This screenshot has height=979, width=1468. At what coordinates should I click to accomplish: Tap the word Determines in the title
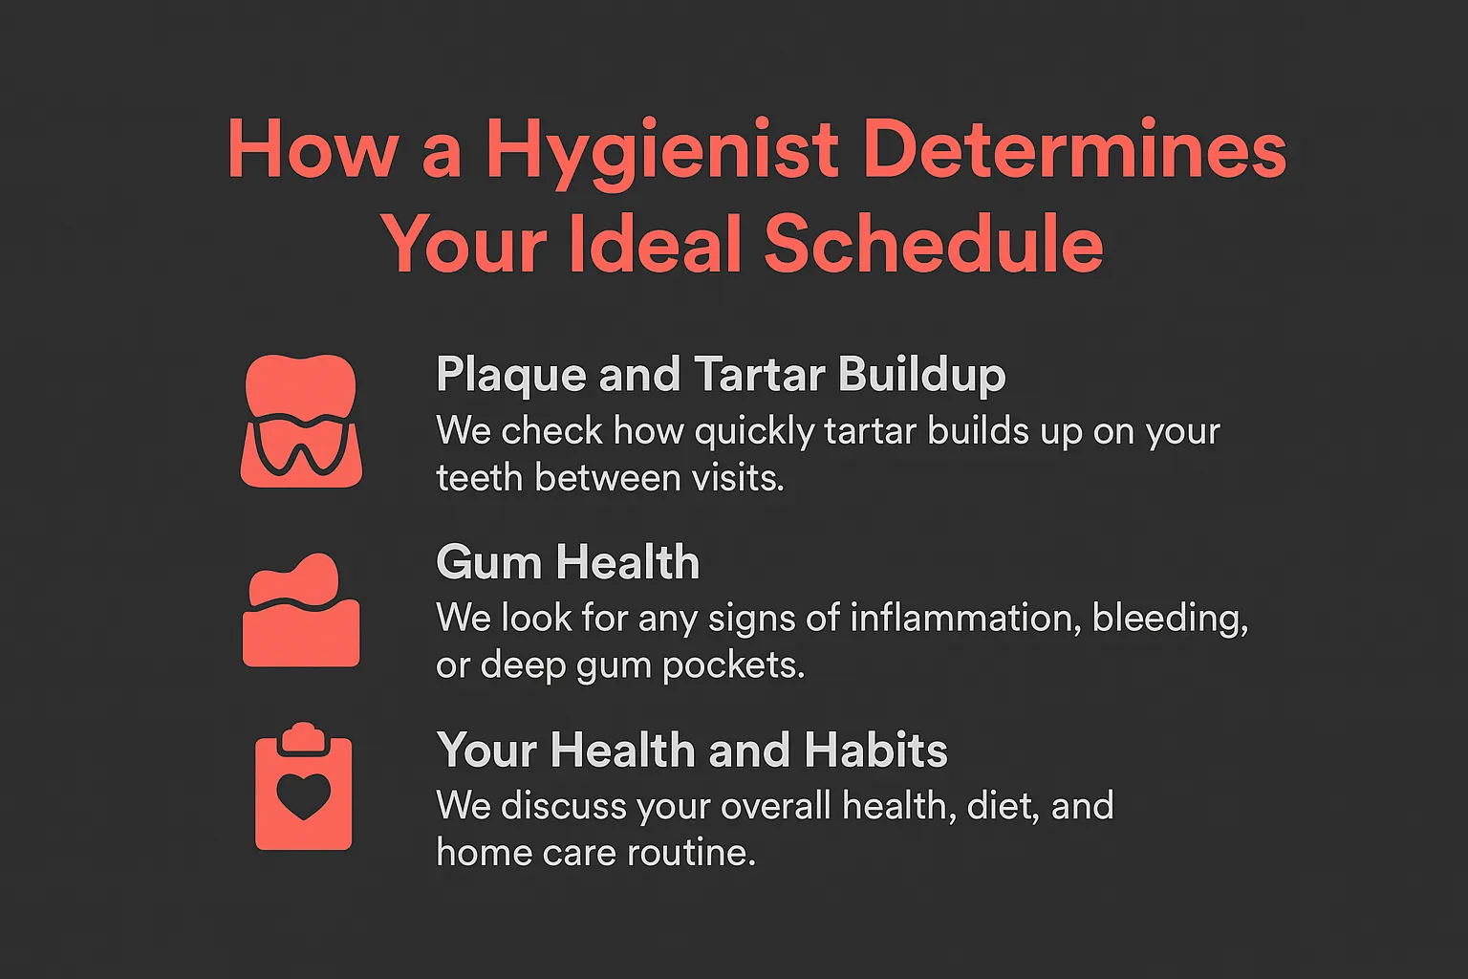point(1074,149)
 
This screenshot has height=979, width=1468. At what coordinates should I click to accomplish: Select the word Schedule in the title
point(934,244)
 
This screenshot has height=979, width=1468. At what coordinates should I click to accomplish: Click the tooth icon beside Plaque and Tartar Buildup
point(301,421)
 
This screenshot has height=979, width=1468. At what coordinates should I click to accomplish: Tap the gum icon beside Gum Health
point(301,612)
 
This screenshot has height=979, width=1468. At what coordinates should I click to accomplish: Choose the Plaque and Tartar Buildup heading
point(721,375)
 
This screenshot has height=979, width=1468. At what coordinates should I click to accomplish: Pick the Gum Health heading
point(568,562)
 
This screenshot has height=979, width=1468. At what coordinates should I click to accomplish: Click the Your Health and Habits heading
point(692,751)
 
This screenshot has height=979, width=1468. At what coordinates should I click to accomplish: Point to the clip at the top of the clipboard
point(303,734)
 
